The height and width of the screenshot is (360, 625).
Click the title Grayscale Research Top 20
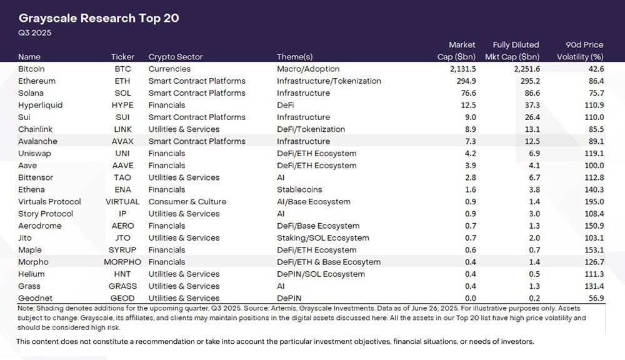(x=99, y=18)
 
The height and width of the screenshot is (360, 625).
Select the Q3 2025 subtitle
(x=35, y=32)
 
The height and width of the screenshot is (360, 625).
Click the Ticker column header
(x=122, y=57)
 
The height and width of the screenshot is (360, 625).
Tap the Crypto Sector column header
(x=176, y=57)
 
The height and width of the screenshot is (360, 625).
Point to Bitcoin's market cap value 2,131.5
(x=459, y=69)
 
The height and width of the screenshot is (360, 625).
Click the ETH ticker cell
(x=122, y=81)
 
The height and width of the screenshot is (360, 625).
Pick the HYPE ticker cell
(x=122, y=105)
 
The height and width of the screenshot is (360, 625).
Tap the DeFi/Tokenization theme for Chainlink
(x=311, y=129)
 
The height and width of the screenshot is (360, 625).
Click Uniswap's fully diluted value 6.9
(x=534, y=154)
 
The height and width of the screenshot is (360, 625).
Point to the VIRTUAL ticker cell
(x=122, y=202)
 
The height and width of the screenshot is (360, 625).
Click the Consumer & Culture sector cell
(x=187, y=202)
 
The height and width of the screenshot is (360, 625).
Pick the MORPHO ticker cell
(x=122, y=262)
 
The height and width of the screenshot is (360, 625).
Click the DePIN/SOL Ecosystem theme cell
(x=321, y=274)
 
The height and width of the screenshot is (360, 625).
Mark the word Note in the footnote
(x=26, y=309)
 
